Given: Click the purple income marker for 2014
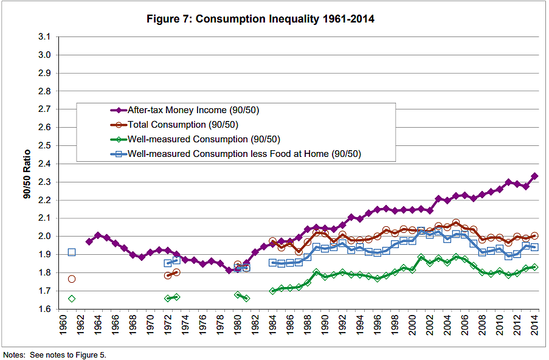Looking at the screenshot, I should [534, 176].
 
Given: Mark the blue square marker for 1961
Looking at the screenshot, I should [72, 252].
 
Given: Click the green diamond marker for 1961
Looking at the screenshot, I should [72, 299].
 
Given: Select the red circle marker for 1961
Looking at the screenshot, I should [72, 279].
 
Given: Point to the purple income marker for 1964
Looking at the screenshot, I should [98, 235].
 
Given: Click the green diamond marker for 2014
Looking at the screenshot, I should [534, 267].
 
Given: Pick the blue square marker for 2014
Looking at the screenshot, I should [534, 247].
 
